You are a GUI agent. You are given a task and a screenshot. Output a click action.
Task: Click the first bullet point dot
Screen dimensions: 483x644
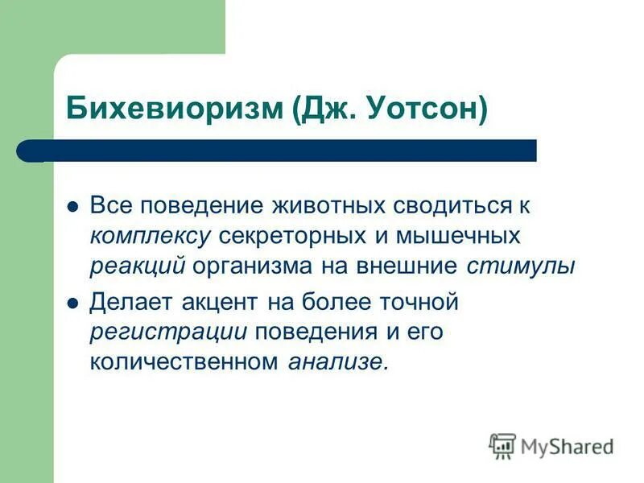(x=72, y=207)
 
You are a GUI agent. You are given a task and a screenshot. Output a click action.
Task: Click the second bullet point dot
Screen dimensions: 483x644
(x=72, y=303)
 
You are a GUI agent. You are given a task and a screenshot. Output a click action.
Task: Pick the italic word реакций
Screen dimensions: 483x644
(x=138, y=267)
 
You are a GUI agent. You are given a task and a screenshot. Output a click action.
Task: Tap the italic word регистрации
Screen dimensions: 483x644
(x=172, y=333)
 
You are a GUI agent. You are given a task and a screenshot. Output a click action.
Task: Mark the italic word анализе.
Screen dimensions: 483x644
(x=337, y=363)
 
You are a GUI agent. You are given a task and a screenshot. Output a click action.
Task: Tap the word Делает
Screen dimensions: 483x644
(x=130, y=303)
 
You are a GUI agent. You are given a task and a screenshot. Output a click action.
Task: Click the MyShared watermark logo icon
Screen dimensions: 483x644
(x=502, y=445)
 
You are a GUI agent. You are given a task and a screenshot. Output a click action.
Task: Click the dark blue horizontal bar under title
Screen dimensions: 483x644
(x=290, y=151)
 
